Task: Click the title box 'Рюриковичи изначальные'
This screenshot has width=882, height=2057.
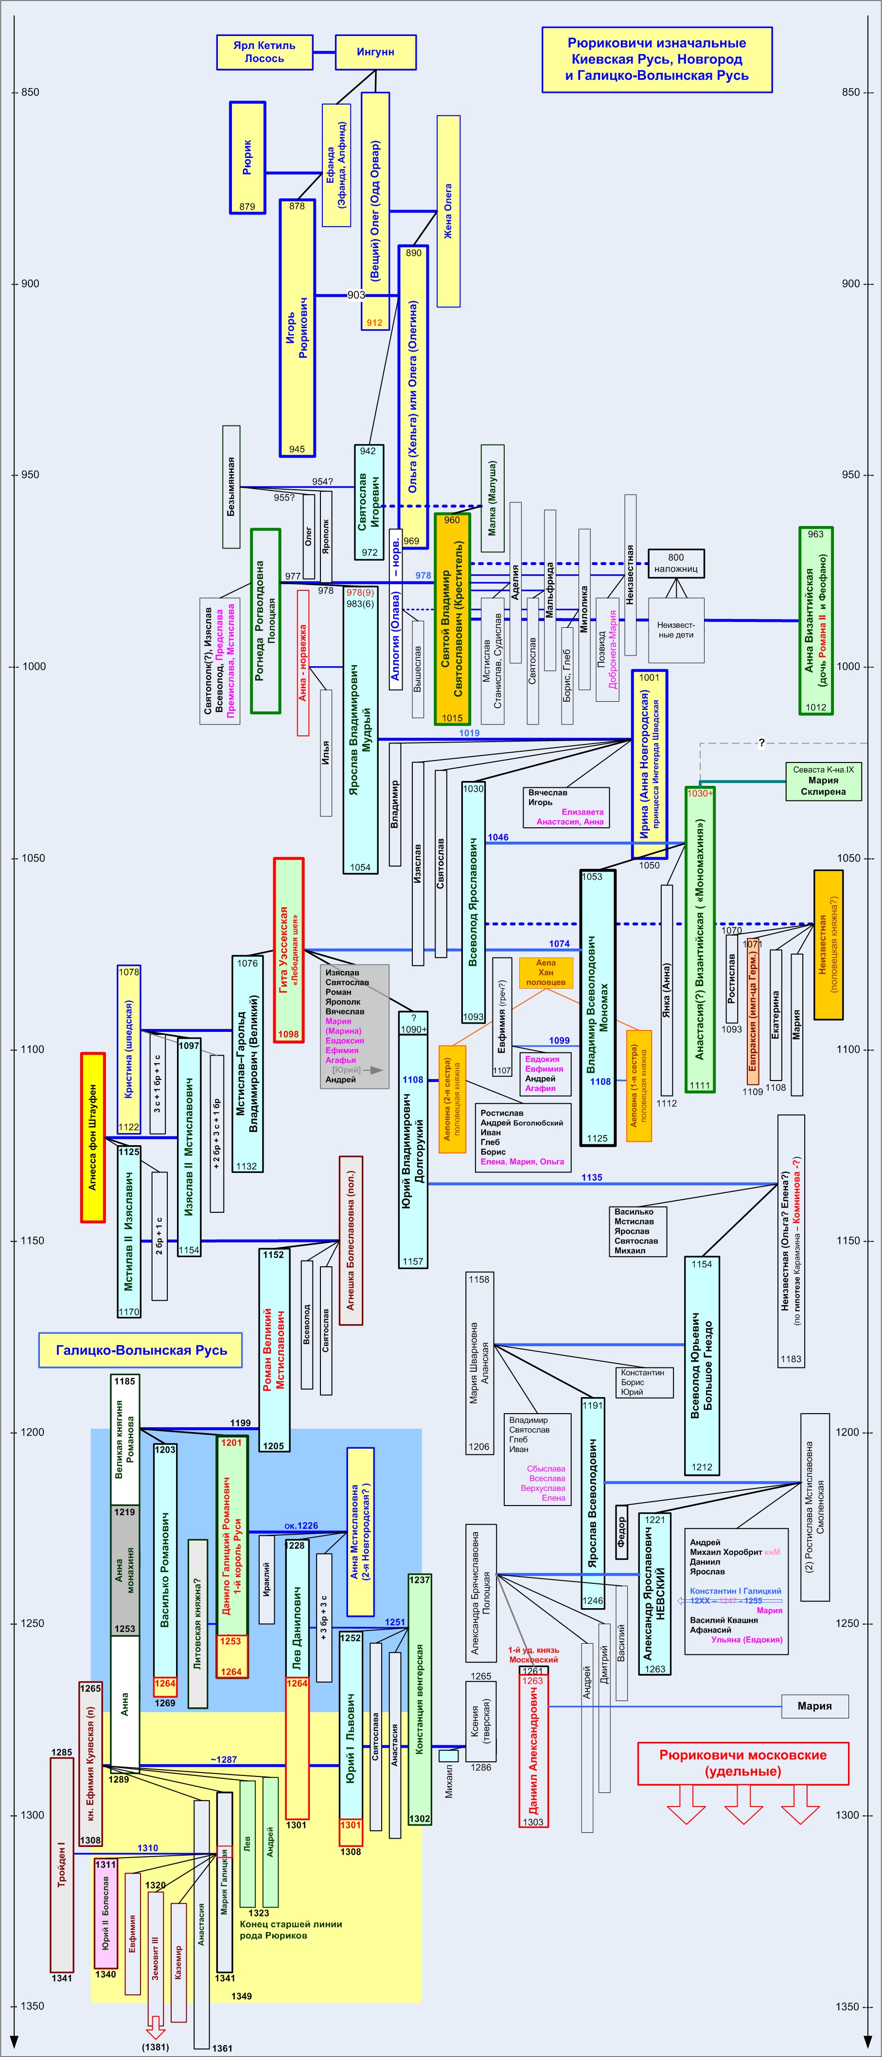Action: (656, 60)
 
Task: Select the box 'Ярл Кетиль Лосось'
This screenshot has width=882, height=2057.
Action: (264, 52)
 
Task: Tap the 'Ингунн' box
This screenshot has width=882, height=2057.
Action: (375, 52)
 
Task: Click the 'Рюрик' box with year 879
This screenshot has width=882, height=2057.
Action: (247, 157)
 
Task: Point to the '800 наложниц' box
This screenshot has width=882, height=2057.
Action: (675, 563)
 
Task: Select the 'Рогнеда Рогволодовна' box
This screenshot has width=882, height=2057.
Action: (265, 621)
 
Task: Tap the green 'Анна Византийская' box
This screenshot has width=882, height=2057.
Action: (816, 621)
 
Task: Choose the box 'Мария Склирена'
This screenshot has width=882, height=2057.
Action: (822, 780)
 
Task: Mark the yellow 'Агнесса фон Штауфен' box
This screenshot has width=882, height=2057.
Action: (92, 1137)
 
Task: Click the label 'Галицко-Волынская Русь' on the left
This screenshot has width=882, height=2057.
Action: (141, 1350)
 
